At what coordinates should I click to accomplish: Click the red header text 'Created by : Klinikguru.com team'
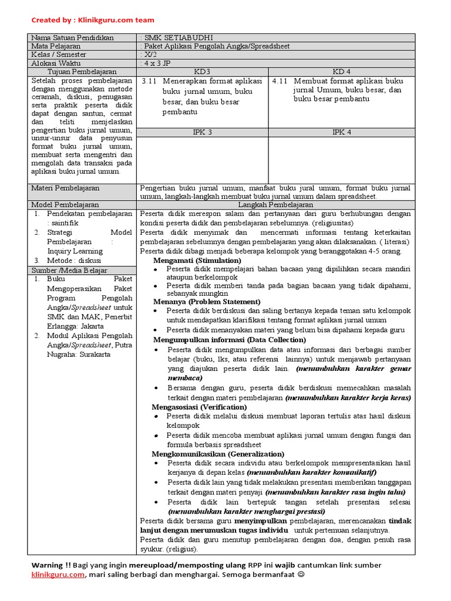coord(93,19)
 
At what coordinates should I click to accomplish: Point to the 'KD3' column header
coord(203,70)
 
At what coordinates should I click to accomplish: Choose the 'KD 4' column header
coord(341,70)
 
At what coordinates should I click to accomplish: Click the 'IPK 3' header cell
coord(203,132)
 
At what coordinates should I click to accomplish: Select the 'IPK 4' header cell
coord(341,132)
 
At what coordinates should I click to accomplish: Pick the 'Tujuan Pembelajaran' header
coord(82,70)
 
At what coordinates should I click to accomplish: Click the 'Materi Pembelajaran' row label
coord(66,188)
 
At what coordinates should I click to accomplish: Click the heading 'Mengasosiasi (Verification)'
coord(199,407)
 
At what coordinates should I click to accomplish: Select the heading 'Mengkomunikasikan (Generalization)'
coord(218,454)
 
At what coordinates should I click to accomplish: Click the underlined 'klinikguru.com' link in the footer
coord(58,576)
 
